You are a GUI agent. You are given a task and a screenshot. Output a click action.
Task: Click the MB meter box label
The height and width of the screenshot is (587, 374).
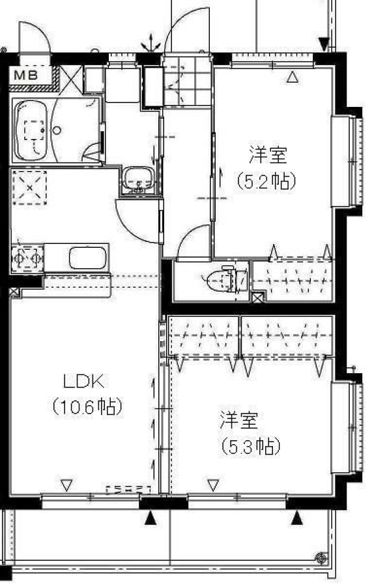click(26, 75)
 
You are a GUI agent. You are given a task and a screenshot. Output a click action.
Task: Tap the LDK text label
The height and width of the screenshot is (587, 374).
click(84, 382)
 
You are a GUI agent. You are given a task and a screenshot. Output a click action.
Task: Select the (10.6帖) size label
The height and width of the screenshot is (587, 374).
click(88, 406)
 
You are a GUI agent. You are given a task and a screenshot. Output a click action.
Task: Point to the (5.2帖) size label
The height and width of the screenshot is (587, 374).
click(266, 181)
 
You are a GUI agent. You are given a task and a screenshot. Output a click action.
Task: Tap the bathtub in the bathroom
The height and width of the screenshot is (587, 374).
click(31, 130)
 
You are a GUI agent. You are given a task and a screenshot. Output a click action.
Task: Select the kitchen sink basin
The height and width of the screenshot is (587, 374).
click(88, 258)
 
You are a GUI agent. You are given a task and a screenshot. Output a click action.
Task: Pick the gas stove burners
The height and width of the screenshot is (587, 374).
click(27, 258)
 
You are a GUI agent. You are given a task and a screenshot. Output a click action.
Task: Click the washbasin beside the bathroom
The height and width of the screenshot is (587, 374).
click(139, 179)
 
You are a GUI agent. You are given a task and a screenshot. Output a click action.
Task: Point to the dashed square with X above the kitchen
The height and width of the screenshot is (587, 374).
click(29, 188)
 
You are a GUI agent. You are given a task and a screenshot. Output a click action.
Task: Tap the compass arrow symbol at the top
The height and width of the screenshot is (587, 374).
click(151, 43)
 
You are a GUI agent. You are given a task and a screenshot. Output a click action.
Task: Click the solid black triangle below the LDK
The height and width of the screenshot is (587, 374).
click(151, 519)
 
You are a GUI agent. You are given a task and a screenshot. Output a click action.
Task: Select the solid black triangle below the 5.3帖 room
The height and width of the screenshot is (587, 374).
click(297, 519)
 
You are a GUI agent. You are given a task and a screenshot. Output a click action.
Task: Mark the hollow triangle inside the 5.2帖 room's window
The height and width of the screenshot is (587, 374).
click(293, 77)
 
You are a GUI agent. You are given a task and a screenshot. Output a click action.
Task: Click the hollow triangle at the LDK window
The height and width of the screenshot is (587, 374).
click(66, 485)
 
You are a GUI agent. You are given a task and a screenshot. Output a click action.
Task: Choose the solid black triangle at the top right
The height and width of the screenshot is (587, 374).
click(324, 44)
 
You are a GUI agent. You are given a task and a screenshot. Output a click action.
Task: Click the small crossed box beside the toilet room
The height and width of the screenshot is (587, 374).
click(257, 297)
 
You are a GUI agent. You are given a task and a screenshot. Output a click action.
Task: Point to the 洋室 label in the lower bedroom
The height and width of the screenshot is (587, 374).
click(239, 420)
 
